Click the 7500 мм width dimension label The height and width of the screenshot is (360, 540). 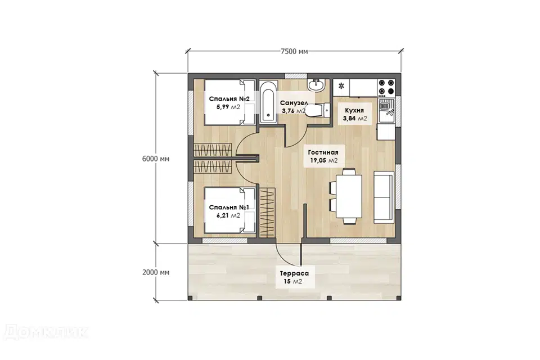click(294, 52)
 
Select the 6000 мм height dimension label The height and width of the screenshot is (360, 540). click(156, 159)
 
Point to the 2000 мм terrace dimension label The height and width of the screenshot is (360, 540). click(156, 272)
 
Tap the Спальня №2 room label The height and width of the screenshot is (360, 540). click(229, 99)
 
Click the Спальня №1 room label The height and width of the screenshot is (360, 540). click(229, 208)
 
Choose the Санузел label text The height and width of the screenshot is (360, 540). click(294, 103)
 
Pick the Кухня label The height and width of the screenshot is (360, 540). click(354, 111)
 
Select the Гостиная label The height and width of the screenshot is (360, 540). click(323, 152)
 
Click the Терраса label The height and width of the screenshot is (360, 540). click(294, 273)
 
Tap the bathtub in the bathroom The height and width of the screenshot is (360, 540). click(268, 101)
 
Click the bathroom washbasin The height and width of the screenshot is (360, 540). click(316, 85)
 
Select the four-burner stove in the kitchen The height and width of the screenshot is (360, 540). click(386, 87)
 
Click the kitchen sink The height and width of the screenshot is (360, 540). click(386, 111)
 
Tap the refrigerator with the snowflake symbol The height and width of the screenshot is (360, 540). click(341, 88)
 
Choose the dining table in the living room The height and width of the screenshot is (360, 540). click(349, 196)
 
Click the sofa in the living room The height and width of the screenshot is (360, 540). click(384, 197)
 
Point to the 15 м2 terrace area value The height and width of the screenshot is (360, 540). click(292, 281)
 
